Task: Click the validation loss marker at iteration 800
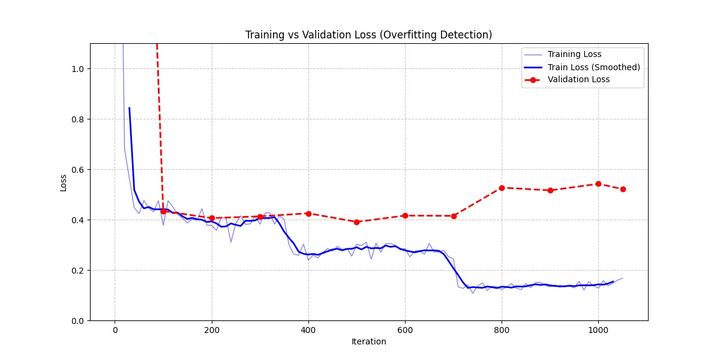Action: point(502,188)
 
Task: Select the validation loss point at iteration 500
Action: point(356,222)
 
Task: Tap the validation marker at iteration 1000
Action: point(598,184)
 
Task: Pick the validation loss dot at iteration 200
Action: point(212,218)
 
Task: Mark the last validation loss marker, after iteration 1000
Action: point(623,189)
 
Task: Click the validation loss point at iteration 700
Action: point(454,216)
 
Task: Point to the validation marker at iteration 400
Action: point(308,214)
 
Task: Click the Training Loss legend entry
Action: point(574,55)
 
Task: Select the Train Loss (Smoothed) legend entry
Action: point(593,67)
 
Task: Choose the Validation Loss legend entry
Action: point(578,80)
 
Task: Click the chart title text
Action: point(368,35)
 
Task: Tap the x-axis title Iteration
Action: point(368,342)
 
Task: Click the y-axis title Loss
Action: point(64,182)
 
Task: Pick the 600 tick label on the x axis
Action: point(405,329)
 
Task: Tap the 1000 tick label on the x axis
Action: point(598,329)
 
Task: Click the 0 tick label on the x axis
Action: point(115,329)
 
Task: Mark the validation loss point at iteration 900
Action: point(550,190)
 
